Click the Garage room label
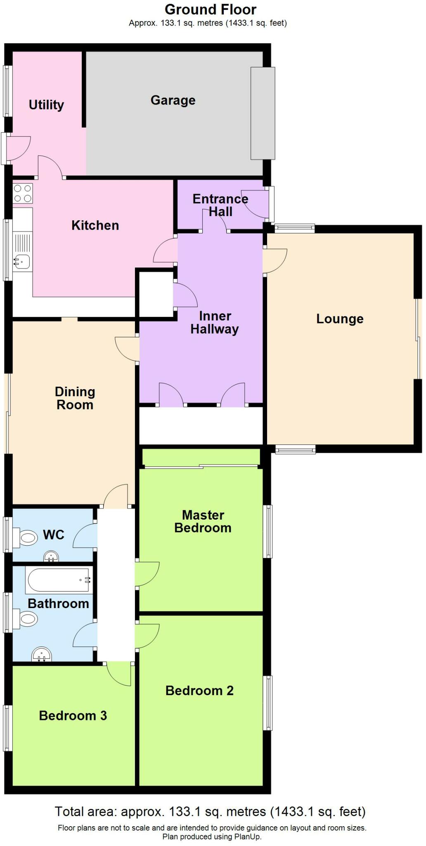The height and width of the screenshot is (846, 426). click(173, 100)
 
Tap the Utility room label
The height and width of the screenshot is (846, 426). click(46, 105)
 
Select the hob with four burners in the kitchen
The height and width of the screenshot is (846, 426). click(23, 193)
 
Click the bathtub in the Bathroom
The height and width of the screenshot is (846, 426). click(58, 580)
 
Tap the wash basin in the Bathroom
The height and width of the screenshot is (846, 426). click(42, 654)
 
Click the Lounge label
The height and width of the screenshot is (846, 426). click(340, 319)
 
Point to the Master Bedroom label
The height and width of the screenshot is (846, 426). click(203, 521)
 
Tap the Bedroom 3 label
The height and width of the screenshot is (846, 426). click(73, 715)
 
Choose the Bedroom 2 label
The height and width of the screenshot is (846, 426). click(199, 690)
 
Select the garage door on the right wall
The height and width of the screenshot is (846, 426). click(263, 113)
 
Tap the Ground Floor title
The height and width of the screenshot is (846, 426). click(211, 9)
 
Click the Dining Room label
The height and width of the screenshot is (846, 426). click(75, 398)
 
